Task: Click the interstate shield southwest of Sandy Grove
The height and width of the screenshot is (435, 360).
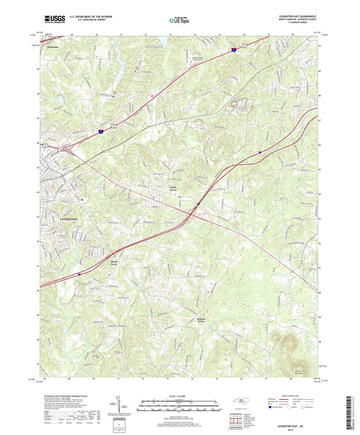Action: coord(79,274)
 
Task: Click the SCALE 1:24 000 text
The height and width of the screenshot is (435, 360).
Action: coord(179,396)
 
